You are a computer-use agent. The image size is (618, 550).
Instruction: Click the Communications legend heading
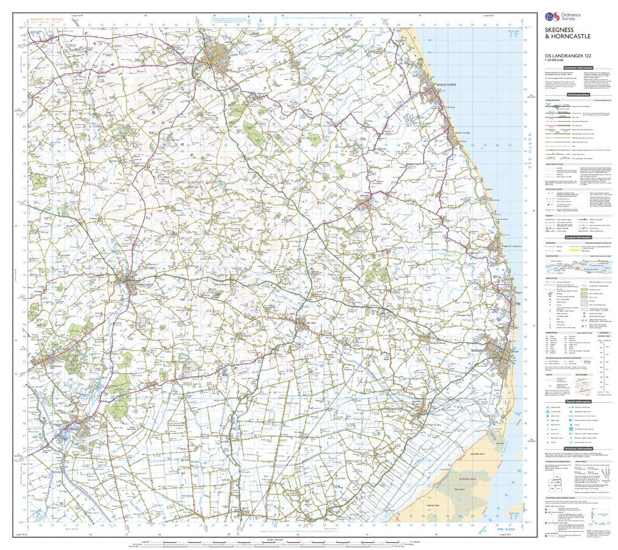[x=578, y=95]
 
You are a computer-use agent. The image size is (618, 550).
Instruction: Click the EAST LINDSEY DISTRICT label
[x=199, y=183]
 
